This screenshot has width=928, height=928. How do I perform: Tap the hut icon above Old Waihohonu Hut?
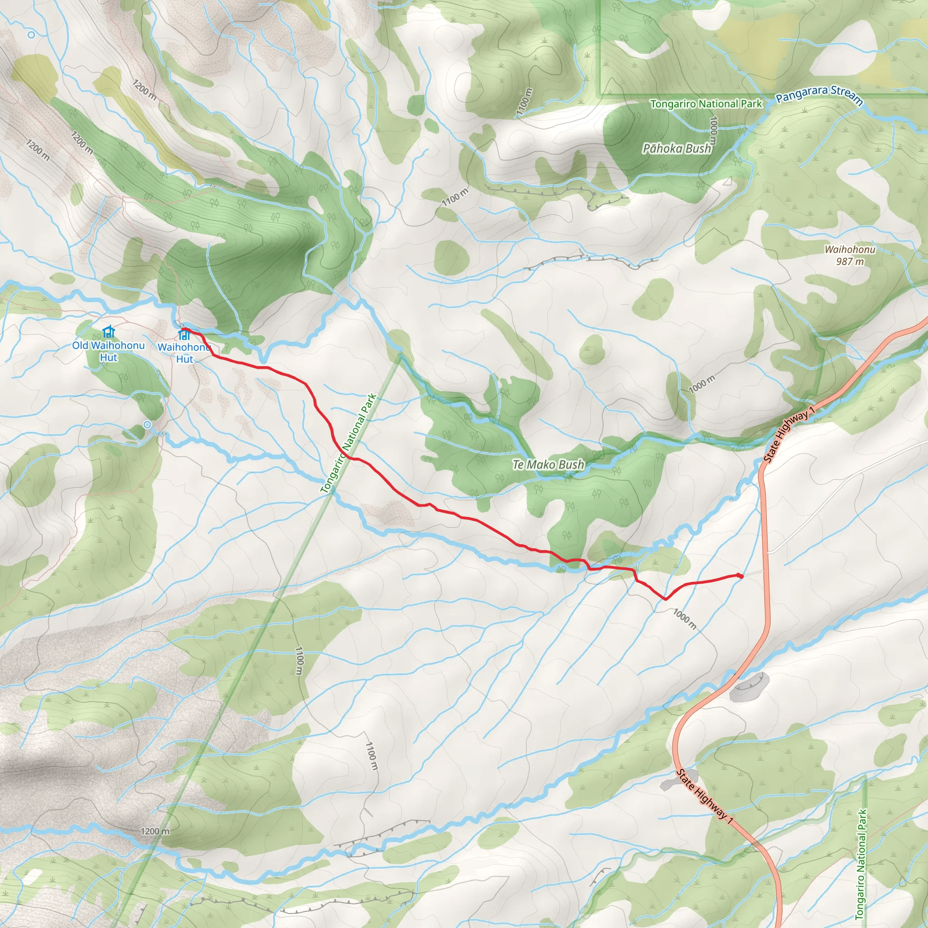coord(109,331)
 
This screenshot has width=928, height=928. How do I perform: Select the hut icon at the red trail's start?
coord(184,333)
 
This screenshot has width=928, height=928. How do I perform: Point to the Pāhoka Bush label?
coord(677,149)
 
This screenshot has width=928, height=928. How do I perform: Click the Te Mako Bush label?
coord(548,464)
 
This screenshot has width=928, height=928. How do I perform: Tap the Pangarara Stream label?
coord(819,95)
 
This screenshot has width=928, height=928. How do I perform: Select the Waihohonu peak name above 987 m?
coord(850,249)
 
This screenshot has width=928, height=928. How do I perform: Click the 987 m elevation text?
coord(850,261)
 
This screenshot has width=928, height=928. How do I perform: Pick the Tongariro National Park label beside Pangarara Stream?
coord(706,104)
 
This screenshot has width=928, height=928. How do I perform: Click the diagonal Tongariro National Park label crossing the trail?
coord(349,443)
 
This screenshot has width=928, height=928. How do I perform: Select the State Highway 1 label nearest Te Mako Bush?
coord(789,434)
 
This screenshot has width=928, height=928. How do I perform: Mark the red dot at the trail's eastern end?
coord(740,576)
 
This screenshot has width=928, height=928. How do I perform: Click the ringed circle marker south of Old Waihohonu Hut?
coord(147,425)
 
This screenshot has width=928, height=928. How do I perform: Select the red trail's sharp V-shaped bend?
coord(665,599)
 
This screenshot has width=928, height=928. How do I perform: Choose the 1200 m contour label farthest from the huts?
coord(155,831)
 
